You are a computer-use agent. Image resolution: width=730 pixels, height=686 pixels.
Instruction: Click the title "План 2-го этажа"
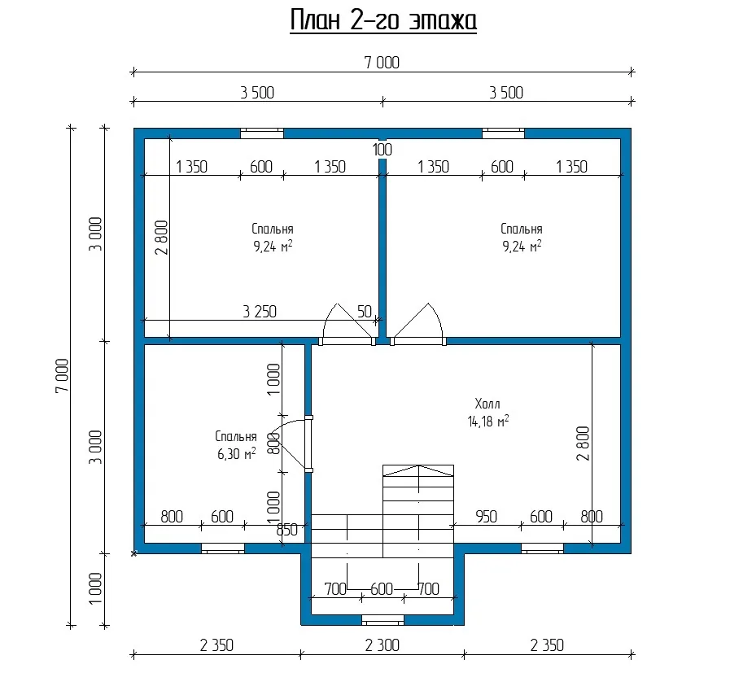point(383,21)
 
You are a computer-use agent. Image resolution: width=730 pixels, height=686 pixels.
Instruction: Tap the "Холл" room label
point(487,404)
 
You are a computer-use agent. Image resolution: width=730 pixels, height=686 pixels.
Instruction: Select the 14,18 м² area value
point(488,422)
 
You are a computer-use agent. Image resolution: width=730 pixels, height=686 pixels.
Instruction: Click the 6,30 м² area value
point(237,453)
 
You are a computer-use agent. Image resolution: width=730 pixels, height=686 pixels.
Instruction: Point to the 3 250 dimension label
point(260,312)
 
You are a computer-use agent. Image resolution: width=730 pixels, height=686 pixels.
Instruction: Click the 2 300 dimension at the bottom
point(382,645)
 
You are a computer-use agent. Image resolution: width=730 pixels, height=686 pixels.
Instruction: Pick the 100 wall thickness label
point(382,150)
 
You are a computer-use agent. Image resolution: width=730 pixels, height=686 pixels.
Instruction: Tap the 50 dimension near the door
point(365,312)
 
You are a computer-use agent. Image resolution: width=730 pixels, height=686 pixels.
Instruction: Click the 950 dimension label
point(486,517)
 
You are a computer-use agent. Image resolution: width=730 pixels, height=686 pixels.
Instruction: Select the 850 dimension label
point(287,530)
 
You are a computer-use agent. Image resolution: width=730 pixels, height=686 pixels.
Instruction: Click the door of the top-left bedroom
point(348,325)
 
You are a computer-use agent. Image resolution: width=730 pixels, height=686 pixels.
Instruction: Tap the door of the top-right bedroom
point(418,325)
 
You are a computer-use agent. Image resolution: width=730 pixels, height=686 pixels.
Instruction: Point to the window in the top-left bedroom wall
point(262,133)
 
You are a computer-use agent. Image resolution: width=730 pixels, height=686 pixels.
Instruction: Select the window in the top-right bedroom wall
point(503,133)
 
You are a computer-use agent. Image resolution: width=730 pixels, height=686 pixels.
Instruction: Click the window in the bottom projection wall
point(382,620)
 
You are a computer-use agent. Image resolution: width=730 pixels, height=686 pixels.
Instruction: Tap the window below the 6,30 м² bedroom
point(222,548)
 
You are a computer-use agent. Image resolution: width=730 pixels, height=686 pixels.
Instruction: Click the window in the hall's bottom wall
point(542,548)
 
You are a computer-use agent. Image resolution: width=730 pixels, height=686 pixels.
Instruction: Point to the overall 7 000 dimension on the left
point(62,376)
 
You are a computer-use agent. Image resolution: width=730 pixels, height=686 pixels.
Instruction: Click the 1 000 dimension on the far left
point(94,588)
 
